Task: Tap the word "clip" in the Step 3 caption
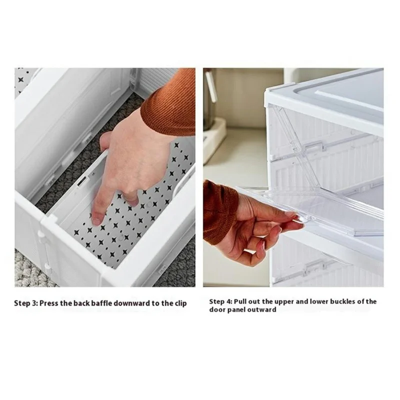click(180, 303)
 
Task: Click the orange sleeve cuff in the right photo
click(220, 210)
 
